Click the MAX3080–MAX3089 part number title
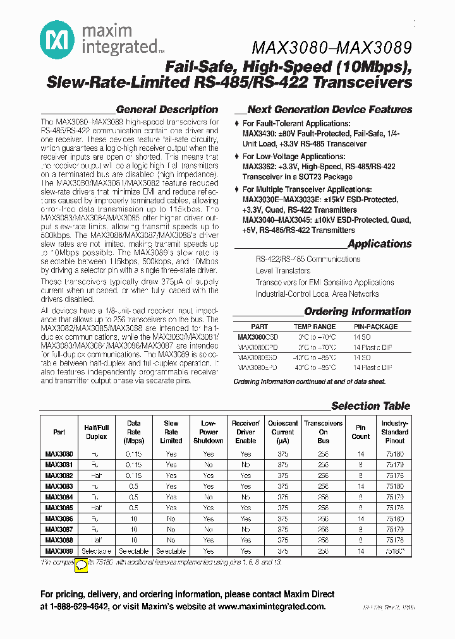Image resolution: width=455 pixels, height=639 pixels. tap(332, 48)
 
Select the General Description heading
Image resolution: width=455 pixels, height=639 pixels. tap(167, 109)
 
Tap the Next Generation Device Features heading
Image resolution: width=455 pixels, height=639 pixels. tap(329, 109)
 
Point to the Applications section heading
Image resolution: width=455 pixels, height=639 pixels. tap(379, 244)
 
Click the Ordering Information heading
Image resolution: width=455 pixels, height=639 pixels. tap(357, 311)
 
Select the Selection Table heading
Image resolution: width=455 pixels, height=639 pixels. tap(370, 406)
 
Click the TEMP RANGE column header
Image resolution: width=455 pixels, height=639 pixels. tap(315, 327)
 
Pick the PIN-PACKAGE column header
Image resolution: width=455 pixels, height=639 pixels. tap(375, 327)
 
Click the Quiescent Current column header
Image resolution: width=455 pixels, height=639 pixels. tap(283, 432)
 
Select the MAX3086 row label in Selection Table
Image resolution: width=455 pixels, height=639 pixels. tap(59, 518)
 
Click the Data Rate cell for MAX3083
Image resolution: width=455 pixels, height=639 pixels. tap(134, 486)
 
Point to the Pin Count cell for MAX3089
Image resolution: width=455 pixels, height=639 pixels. tap(360, 551)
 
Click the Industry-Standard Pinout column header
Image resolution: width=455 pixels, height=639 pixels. tap(395, 432)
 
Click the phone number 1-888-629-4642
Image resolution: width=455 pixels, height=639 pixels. tap(83, 607)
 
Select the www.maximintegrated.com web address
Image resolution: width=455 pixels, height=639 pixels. tap(271, 607)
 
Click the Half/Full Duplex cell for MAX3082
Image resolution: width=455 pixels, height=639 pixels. tap(97, 475)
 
